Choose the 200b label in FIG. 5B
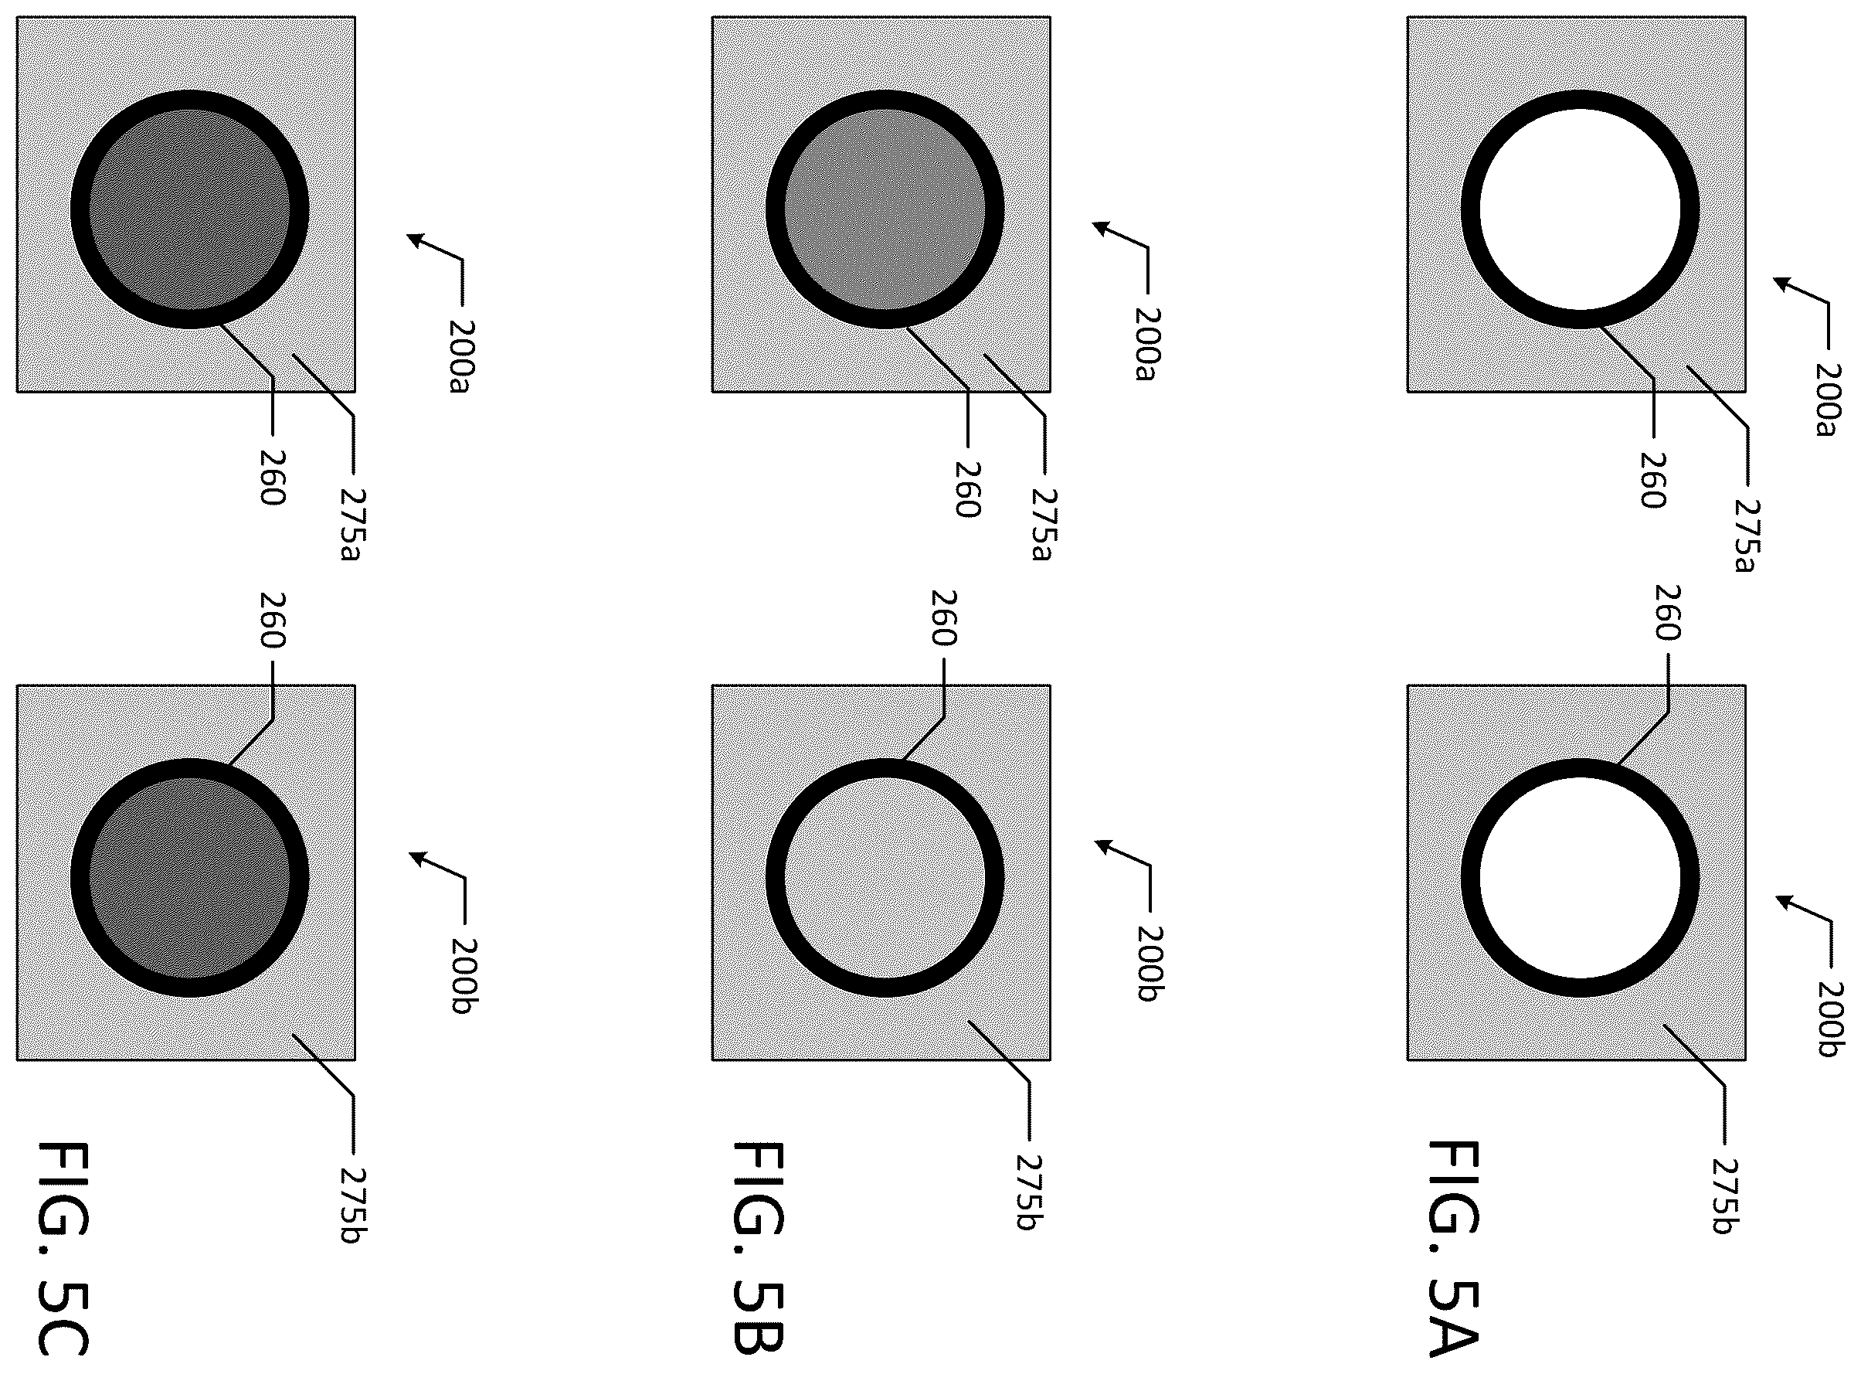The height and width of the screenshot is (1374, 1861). click(x=1150, y=964)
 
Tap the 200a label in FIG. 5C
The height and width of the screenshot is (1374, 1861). click(x=459, y=357)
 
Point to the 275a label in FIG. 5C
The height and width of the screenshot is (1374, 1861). click(x=353, y=524)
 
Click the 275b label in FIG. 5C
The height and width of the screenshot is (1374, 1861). click(x=356, y=1206)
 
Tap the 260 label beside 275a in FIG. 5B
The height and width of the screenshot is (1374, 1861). click(x=966, y=489)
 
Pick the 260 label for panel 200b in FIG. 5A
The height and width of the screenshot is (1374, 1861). click(x=1667, y=612)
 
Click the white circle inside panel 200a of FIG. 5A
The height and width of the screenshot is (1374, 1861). click(x=1580, y=209)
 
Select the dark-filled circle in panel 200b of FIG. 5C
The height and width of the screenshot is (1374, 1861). click(x=189, y=877)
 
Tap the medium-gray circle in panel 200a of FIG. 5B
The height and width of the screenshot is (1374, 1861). click(x=885, y=209)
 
